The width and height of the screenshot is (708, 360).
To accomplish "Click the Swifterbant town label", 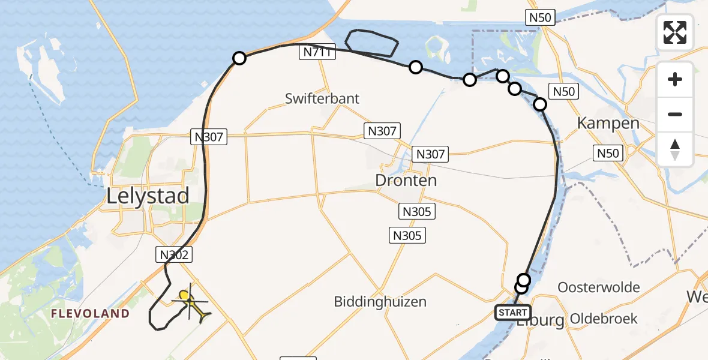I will coord(322,98).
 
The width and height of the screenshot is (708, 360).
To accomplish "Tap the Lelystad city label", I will coord(148,196).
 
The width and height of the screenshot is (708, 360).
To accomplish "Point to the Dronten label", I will coord(406,180).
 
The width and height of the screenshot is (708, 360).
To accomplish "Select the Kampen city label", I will coord(608,124).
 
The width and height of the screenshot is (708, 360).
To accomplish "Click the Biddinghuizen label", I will coord(380,301).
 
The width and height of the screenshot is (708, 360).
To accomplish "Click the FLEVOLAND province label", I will coord(90,313).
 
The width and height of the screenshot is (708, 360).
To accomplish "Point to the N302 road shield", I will coord(175,254).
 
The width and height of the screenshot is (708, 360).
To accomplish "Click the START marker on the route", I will coord(512,312).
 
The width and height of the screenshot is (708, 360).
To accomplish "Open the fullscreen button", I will coord(675,32).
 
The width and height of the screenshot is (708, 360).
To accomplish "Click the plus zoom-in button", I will coord(675,79).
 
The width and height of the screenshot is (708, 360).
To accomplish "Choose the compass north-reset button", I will coord(675,149).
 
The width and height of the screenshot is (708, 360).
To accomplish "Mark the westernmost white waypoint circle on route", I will coord(239,58).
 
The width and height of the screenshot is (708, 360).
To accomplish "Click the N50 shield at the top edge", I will coord(541,17).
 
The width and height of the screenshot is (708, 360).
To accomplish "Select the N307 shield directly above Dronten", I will coord(430,154).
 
